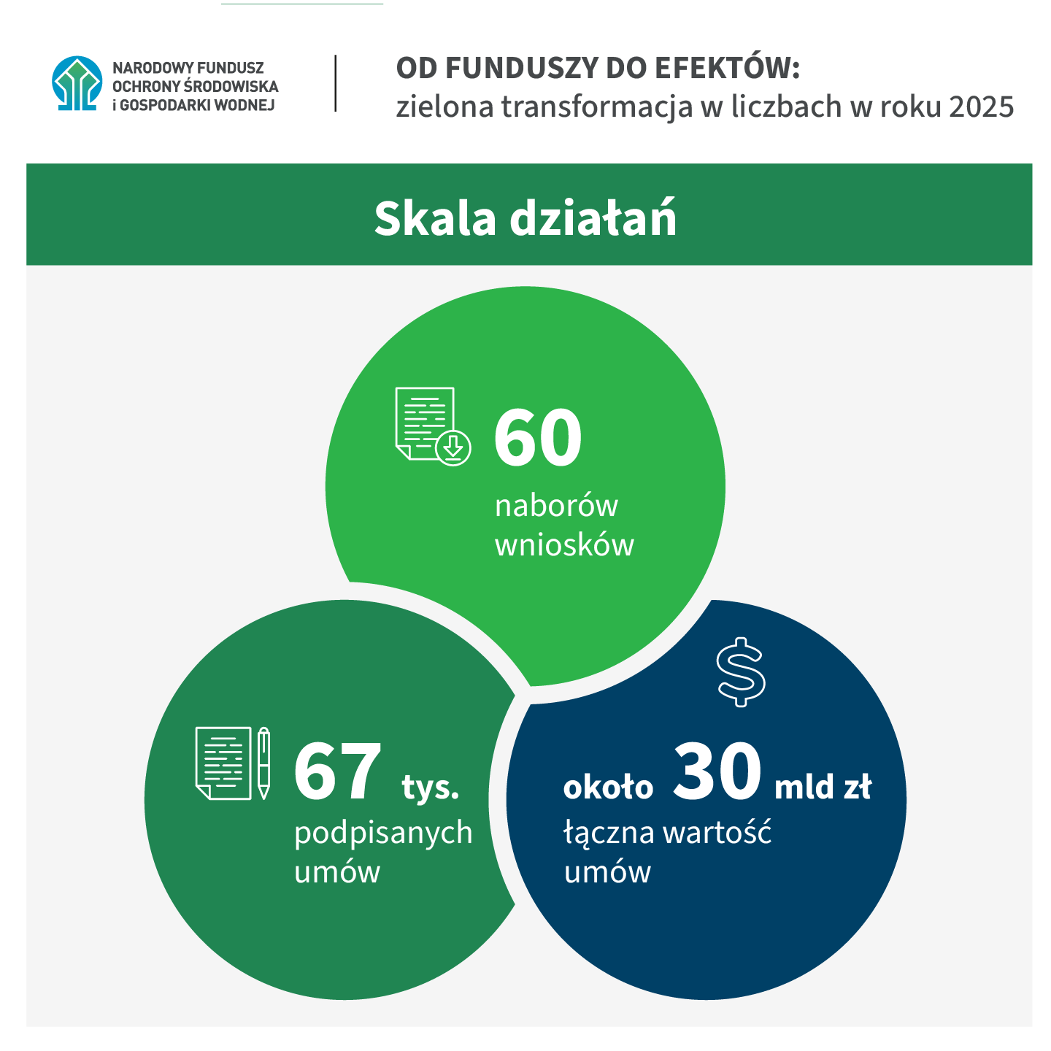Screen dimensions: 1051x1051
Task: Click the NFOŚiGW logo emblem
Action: click(x=77, y=83)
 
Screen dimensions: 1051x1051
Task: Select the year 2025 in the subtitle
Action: click(x=981, y=107)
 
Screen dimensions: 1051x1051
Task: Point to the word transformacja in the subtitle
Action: click(x=597, y=107)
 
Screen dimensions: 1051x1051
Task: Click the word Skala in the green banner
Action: click(x=435, y=219)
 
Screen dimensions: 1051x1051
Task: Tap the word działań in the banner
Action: click(x=593, y=217)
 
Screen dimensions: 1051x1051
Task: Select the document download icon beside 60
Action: click(x=433, y=426)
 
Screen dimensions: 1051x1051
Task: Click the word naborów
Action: click(x=556, y=505)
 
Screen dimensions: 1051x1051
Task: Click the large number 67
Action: click(x=337, y=771)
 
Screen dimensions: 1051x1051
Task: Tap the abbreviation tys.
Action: click(x=431, y=787)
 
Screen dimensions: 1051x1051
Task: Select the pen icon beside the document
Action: click(x=264, y=763)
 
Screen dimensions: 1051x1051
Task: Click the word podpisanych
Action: click(x=383, y=834)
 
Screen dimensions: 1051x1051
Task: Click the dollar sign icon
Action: click(x=740, y=671)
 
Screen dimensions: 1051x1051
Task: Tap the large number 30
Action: click(x=717, y=771)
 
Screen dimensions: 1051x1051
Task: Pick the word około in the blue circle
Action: click(x=608, y=787)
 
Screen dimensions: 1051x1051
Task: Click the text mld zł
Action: click(x=823, y=786)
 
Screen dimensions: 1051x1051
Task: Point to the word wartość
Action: click(x=717, y=832)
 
